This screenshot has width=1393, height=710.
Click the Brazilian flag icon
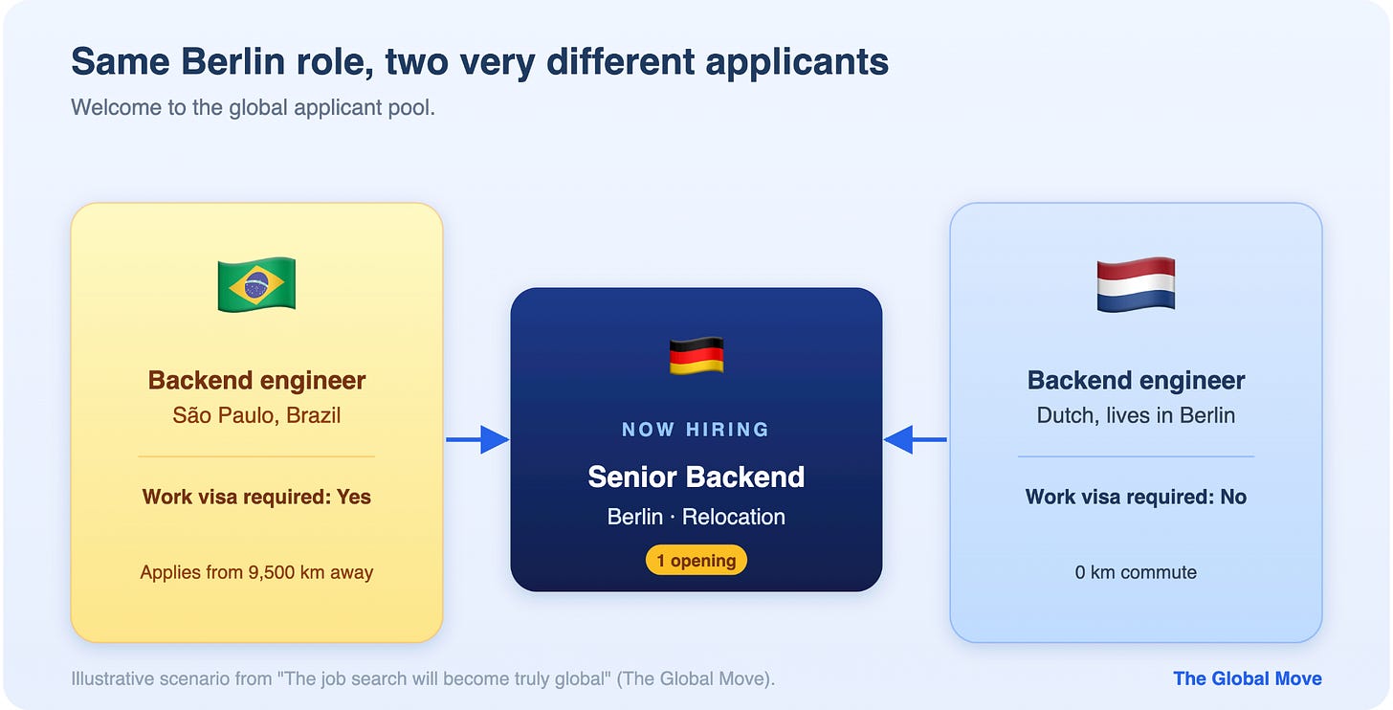[256, 285]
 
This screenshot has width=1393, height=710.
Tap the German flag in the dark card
[696, 356]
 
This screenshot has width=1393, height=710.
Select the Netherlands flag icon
[1136, 285]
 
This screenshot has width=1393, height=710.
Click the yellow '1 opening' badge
[696, 560]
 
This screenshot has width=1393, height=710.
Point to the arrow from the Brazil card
[477, 439]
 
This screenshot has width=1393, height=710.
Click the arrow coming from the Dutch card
[916, 439]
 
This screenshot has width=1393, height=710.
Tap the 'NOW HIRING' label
[696, 430]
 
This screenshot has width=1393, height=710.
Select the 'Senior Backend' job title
[696, 477]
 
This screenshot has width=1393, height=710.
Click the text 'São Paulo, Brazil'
[256, 414]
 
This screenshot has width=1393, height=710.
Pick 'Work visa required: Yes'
[256, 497]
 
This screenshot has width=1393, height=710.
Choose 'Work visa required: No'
[1136, 497]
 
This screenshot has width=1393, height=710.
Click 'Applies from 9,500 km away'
[256, 572]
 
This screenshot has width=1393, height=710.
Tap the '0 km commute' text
[1136, 572]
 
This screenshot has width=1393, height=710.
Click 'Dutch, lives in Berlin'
[1136, 414]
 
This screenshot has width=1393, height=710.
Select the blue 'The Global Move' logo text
[1247, 678]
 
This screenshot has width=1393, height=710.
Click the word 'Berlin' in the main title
[232, 61]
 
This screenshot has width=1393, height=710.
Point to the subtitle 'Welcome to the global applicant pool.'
[254, 107]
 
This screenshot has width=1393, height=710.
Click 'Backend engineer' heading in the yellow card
[256, 380]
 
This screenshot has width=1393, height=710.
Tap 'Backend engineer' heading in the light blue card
[1136, 380]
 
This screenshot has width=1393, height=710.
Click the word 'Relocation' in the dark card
[734, 517]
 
